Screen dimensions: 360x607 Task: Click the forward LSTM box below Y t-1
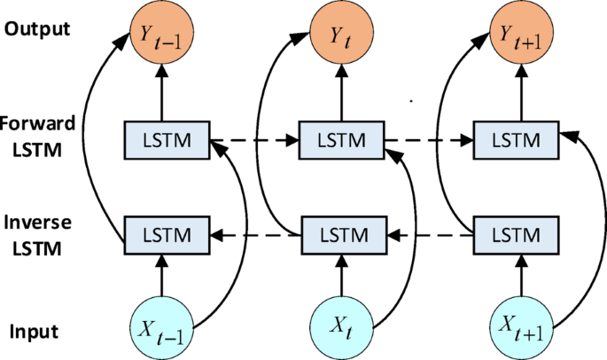pyautogui.click(x=164, y=139)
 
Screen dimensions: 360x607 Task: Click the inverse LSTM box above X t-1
pyautogui.click(x=164, y=235)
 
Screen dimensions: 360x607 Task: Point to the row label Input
pyautogui.click(x=34, y=333)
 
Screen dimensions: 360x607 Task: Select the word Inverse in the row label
pyautogui.click(x=35, y=223)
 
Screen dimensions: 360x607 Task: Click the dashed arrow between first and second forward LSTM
pyautogui.click(x=253, y=139)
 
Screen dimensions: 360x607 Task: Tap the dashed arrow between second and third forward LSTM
pyautogui.click(x=428, y=139)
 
